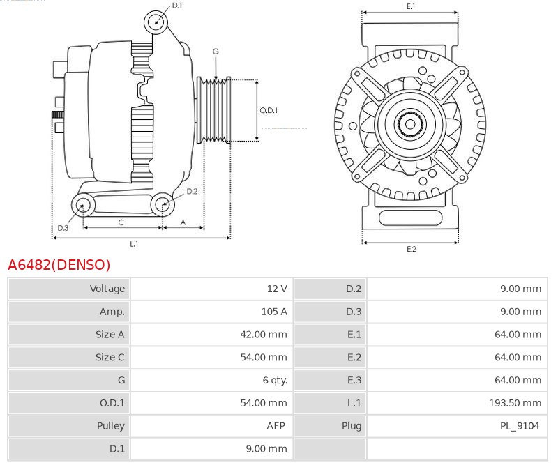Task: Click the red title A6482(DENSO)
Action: (59, 265)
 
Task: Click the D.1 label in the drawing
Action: (176, 6)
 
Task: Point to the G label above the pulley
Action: (216, 52)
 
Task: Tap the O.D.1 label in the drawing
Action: (269, 110)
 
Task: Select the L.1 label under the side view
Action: (134, 244)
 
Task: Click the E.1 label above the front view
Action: (411, 6)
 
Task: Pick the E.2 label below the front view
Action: (411, 249)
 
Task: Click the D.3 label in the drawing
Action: (63, 228)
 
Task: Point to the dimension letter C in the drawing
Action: (121, 222)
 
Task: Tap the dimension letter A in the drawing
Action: (183, 222)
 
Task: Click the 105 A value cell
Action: (273, 312)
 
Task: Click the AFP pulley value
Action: (277, 426)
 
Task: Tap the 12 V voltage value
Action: (276, 289)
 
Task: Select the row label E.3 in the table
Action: (354, 380)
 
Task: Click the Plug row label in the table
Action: (352, 426)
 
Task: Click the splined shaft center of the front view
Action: (410, 125)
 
